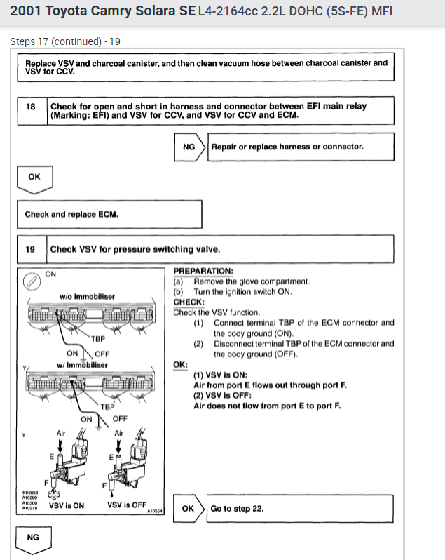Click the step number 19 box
(31, 249)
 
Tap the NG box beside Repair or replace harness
(189, 147)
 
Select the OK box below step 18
(34, 178)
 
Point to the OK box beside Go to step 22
(188, 508)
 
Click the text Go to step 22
(238, 508)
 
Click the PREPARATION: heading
(203, 272)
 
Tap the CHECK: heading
(189, 302)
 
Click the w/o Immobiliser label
(87, 297)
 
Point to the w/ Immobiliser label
(83, 366)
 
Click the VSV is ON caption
(67, 505)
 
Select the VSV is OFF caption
(127, 505)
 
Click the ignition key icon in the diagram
(29, 281)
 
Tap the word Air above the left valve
(62, 434)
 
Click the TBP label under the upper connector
(98, 338)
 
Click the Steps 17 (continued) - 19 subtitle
(65, 41)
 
